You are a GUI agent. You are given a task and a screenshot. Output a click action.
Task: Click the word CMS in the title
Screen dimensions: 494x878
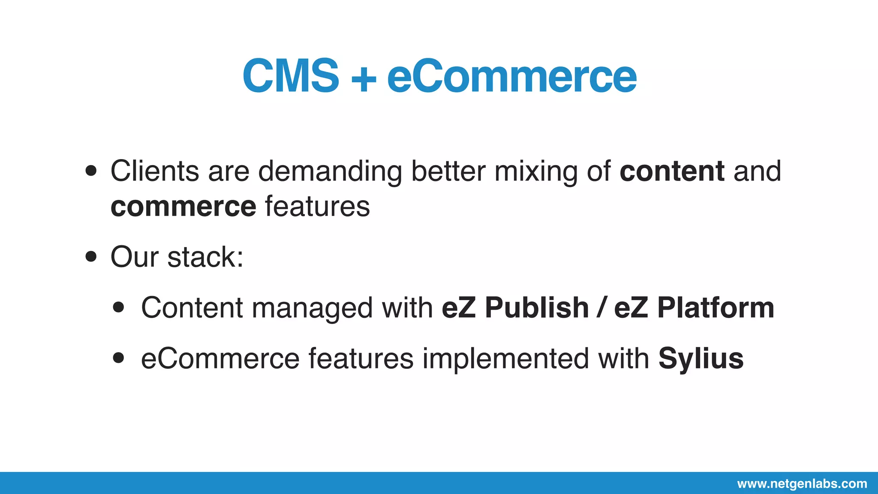pos(291,76)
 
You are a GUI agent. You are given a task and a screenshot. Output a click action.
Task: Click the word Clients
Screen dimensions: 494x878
pos(154,171)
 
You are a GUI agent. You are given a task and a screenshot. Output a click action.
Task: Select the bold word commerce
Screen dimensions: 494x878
pos(183,207)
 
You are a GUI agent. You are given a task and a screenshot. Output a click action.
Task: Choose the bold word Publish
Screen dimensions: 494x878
pos(537,308)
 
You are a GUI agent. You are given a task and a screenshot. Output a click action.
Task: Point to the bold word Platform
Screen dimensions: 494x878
pos(716,308)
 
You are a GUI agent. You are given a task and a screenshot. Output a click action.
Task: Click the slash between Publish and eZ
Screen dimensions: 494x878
pos(602,308)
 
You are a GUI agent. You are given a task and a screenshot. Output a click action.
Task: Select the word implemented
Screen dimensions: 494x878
pos(506,358)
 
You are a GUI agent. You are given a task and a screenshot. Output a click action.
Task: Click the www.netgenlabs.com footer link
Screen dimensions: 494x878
pos(802,484)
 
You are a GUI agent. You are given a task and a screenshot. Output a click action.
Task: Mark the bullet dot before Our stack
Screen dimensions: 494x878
pos(91,257)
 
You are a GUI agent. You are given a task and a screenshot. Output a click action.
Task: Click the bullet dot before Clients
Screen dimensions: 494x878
pos(91,171)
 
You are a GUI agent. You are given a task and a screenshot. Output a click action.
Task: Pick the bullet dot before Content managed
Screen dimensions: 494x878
pos(118,307)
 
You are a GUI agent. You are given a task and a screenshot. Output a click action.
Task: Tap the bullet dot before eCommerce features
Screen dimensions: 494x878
pos(118,358)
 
